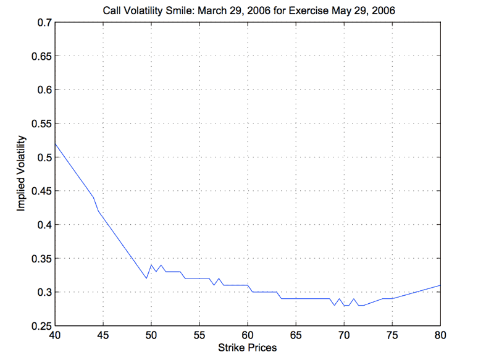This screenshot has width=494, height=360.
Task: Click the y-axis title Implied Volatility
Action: pos(21,174)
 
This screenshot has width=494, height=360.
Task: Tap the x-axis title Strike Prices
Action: pos(248,348)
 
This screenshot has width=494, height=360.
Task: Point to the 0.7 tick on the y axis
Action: pos(44,22)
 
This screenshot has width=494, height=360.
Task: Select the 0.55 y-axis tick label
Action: pos(41,123)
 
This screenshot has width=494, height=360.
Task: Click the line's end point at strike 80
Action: pos(440,285)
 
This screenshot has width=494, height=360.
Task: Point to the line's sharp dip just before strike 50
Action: pos(146,278)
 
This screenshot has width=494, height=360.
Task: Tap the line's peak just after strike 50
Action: pos(151,265)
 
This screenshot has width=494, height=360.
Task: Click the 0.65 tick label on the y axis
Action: pos(41,56)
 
